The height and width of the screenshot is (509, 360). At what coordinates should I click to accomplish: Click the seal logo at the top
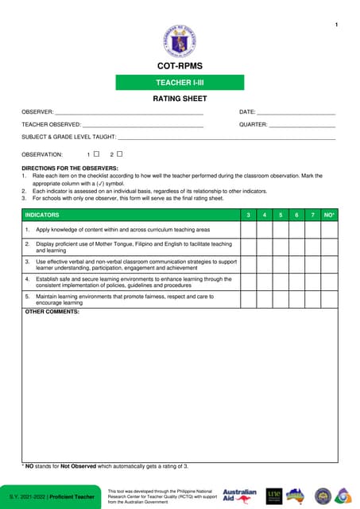[x=179, y=40]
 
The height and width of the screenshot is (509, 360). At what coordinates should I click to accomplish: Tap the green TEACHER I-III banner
[x=180, y=82]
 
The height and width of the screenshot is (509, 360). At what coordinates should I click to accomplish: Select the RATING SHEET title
[x=180, y=99]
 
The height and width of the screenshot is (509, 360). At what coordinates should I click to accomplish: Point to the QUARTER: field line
[x=302, y=126]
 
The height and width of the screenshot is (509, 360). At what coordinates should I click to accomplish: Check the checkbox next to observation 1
[x=96, y=153]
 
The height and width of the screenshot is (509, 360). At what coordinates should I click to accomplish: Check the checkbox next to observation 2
[x=120, y=153]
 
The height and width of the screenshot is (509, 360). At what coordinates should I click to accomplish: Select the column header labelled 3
[x=249, y=216]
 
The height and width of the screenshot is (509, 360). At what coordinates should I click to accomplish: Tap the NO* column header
[x=329, y=216]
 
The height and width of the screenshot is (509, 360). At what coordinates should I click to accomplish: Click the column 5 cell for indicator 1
[x=281, y=229]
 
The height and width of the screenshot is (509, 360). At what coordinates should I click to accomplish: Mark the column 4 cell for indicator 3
[x=265, y=264]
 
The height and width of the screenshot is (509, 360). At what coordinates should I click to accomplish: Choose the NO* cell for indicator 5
[x=329, y=299]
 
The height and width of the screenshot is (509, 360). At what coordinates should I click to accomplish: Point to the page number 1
[x=336, y=26]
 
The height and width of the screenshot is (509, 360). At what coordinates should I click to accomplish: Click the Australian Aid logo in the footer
[x=239, y=495]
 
